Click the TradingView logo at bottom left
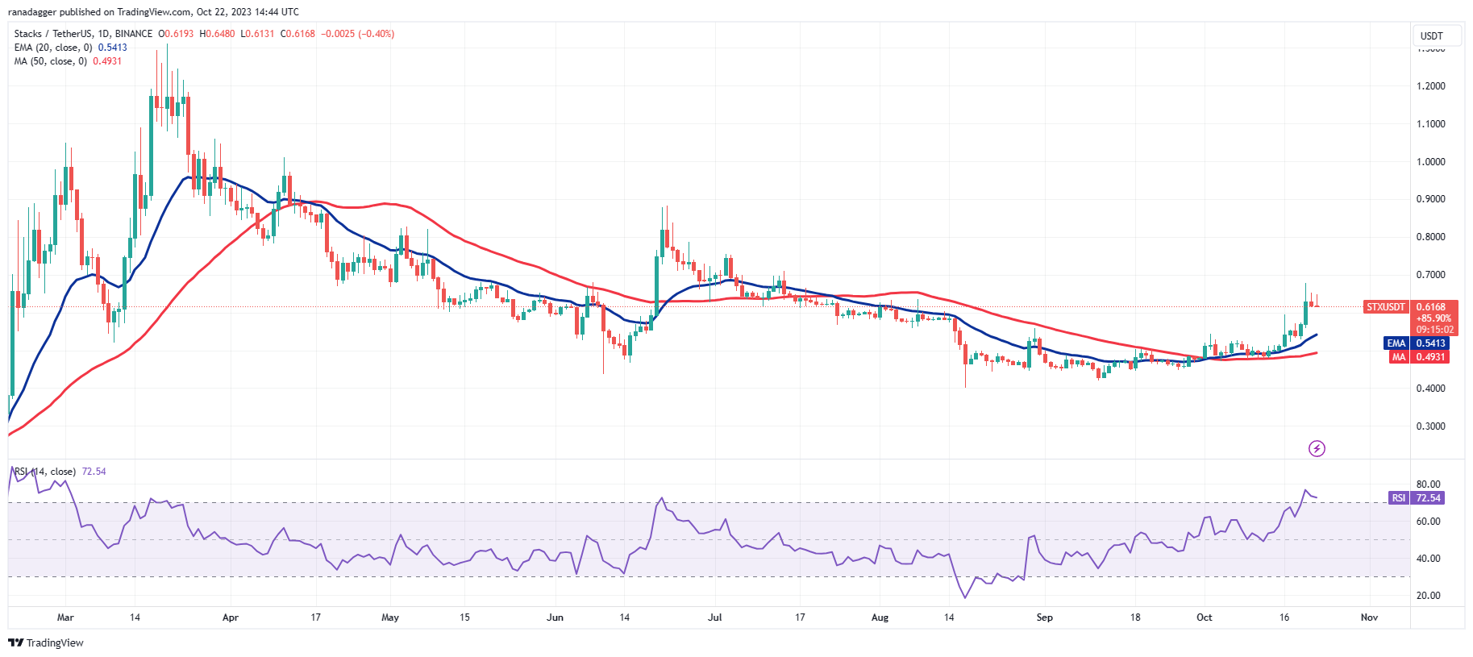coord(46,642)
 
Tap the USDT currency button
coord(1431,35)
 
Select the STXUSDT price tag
coord(1385,307)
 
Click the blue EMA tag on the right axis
coord(1396,343)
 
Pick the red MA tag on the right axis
coord(1398,357)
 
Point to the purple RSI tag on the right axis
coord(1398,498)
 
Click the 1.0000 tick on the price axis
coord(1430,162)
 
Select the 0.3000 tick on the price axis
coord(1430,426)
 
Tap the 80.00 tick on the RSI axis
coord(1428,484)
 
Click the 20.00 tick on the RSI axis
coord(1428,596)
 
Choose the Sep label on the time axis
coord(1044,617)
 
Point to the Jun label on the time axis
coord(555,617)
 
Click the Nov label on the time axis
coord(1369,617)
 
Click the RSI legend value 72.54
coord(94,472)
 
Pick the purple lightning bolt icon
coord(1317,448)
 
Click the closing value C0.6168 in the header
coord(298,34)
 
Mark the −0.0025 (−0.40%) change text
coord(357,34)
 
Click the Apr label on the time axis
coord(230,617)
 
